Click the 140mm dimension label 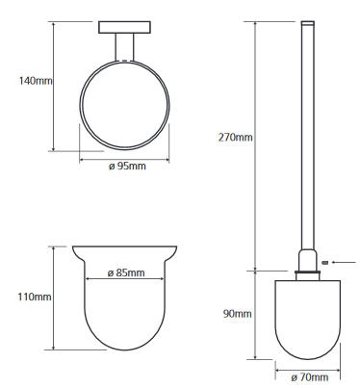[x=36, y=81]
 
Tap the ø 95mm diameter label [x=127, y=166]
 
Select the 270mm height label [x=235, y=138]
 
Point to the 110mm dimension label [x=35, y=297]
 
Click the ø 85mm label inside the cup [x=126, y=272]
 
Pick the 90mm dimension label [x=237, y=314]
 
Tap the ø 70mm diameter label [x=310, y=377]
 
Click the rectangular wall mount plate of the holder [x=124, y=27]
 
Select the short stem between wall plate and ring [x=124, y=47]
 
